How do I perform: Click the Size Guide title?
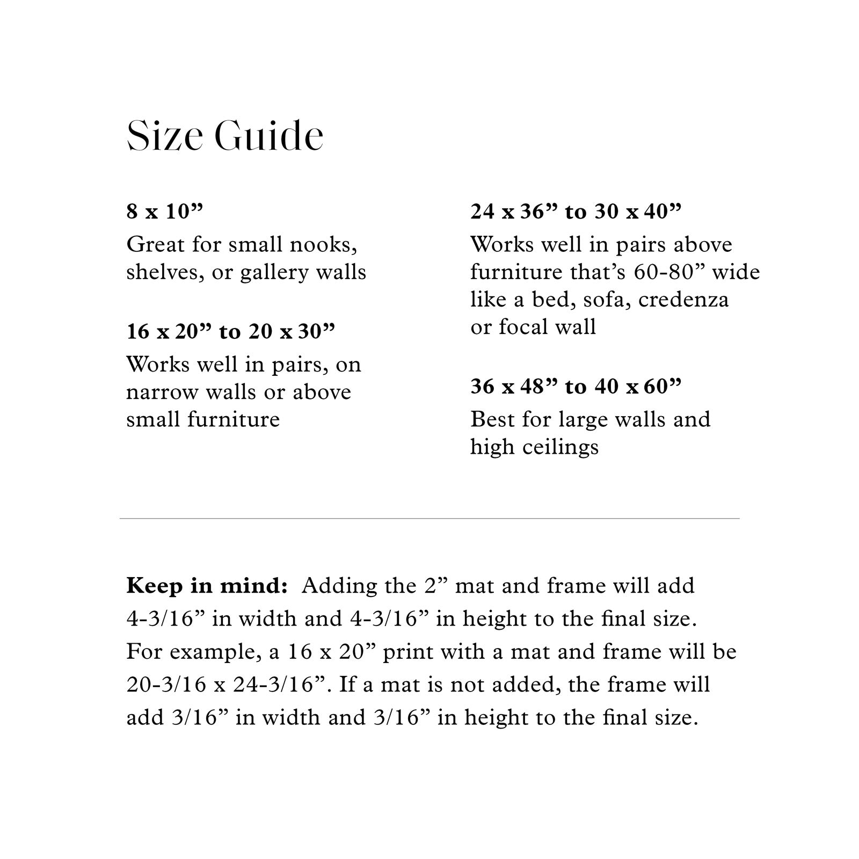click(x=225, y=136)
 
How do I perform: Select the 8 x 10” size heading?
click(x=165, y=212)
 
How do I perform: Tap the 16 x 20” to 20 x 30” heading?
click(x=230, y=332)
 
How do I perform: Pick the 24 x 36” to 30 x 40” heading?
click(x=576, y=212)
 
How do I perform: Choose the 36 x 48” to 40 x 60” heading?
click(x=576, y=386)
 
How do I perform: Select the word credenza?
click(x=683, y=300)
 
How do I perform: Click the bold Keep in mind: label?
click(x=207, y=586)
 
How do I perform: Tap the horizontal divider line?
click(x=429, y=519)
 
